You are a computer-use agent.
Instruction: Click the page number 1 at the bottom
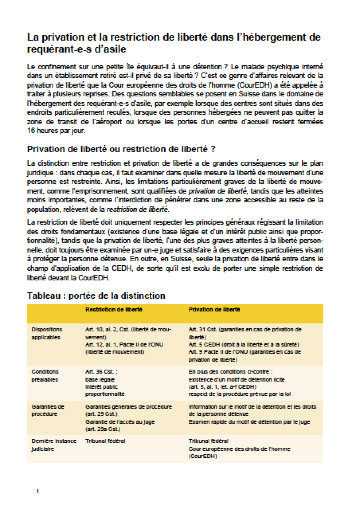(37, 492)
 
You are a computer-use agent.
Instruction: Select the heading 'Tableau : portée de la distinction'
(96, 296)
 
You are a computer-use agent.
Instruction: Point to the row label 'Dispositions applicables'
(47, 333)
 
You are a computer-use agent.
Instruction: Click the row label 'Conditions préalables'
(45, 376)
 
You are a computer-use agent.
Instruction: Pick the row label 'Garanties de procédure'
(47, 410)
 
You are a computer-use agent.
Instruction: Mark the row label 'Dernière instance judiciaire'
(48, 445)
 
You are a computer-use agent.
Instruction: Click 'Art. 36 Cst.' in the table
(101, 372)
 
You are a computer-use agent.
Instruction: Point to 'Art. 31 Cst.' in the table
(203, 329)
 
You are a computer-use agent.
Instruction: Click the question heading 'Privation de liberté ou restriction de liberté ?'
(121, 149)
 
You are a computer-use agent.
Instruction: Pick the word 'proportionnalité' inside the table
(105, 394)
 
